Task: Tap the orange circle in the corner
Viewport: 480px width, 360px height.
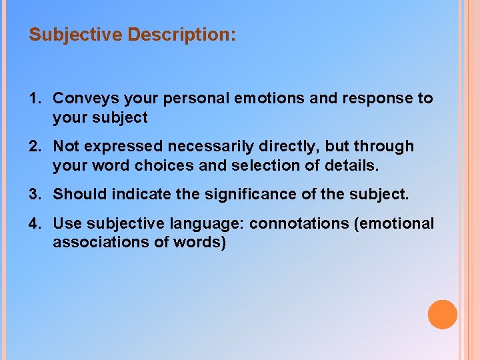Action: coord(442,315)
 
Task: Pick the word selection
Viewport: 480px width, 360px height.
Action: coord(248,165)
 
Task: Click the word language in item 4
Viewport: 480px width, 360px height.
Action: coord(213,224)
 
